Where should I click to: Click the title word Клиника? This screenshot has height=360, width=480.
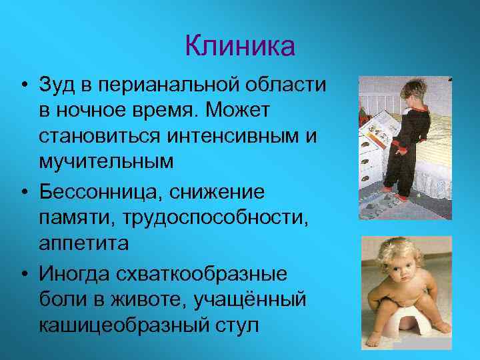click(x=239, y=47)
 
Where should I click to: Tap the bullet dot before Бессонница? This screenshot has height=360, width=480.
click(x=24, y=193)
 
